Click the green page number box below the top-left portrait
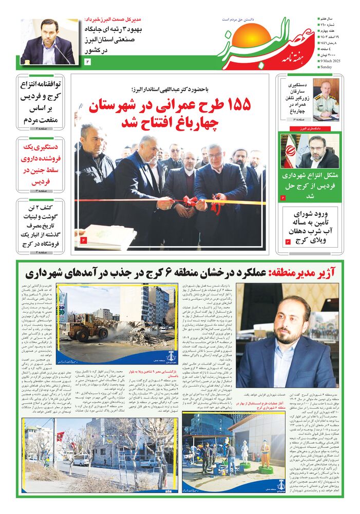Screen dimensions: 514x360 [87, 62]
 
